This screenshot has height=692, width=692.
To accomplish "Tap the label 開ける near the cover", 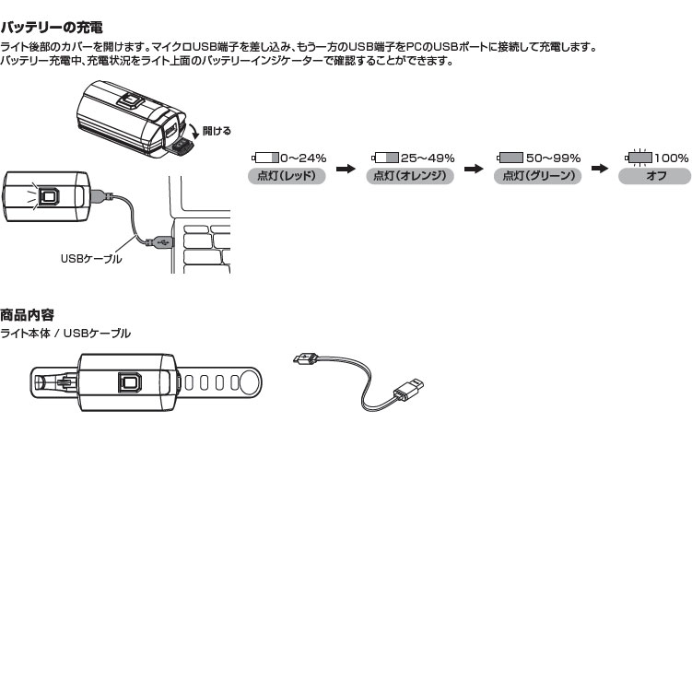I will (x=217, y=131).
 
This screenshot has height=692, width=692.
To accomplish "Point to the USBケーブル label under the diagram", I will (x=91, y=260).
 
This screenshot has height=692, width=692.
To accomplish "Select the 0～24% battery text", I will (x=303, y=158).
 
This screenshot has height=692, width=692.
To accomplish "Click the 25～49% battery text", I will (x=427, y=158).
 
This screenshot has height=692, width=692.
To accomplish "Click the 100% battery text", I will (x=672, y=158).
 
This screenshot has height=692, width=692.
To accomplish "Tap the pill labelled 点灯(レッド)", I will (x=287, y=175).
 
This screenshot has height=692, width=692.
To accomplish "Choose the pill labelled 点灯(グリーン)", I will (x=538, y=175).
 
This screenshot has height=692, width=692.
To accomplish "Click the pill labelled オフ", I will (x=656, y=175).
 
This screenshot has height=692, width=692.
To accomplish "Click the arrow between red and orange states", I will (x=346, y=169).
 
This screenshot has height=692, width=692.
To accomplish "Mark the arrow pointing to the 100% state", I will (x=599, y=169).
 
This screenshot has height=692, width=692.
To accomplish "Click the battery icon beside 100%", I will (x=639, y=158).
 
